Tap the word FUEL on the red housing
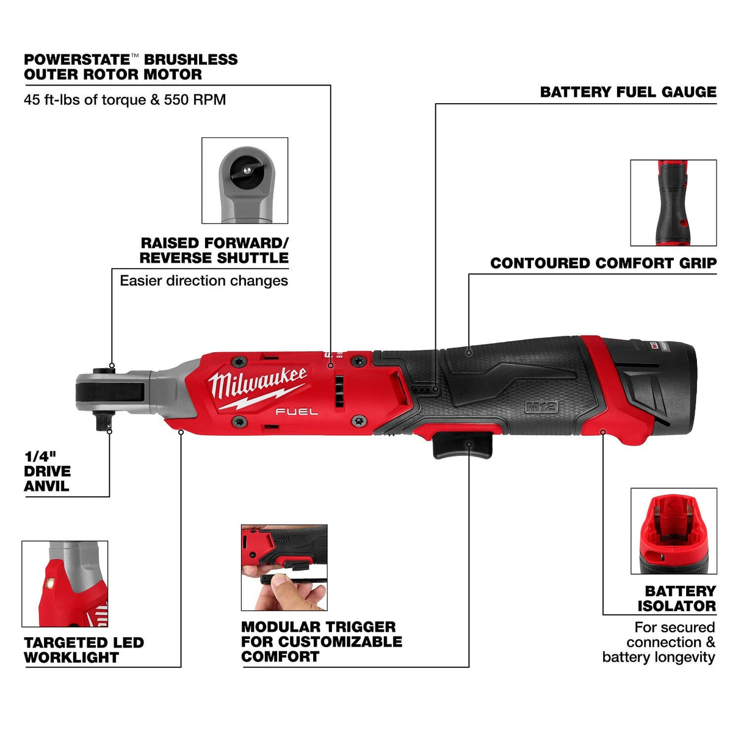click(296, 412)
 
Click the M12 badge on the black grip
click(541, 407)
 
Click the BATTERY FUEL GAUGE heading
click(627, 92)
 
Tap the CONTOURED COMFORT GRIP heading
click(603, 263)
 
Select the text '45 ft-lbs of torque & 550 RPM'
click(125, 99)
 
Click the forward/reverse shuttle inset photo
click(245, 180)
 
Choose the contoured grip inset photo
click(673, 203)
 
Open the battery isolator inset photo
click(673, 530)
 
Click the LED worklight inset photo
click(65, 584)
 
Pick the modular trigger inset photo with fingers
click(284, 567)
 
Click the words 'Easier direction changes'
click(204, 281)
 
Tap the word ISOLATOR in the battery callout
click(676, 606)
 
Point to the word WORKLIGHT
click(71, 658)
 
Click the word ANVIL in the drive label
click(46, 486)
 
